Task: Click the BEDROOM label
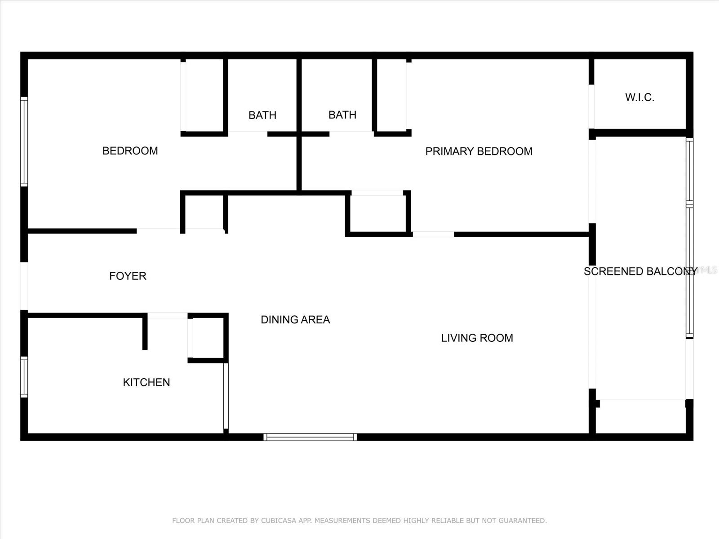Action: [x=130, y=151]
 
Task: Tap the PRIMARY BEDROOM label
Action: [x=479, y=151]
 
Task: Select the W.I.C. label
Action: [x=639, y=97]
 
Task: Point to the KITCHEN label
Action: [x=146, y=382]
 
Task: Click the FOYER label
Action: [x=128, y=276]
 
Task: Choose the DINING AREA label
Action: [x=295, y=320]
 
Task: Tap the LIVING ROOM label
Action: [x=477, y=338]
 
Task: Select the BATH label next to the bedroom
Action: [x=262, y=115]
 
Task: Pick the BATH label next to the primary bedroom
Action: [x=342, y=115]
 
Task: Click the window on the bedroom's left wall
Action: [x=24, y=141]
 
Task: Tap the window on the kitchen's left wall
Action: [x=24, y=377]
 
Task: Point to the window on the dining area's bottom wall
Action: [x=310, y=437]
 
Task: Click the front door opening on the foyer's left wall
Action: [x=24, y=286]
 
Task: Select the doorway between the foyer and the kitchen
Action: [x=168, y=315]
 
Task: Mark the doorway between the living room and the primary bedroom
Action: [x=433, y=234]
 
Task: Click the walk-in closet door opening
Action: [x=591, y=106]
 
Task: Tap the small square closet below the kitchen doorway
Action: [x=208, y=338]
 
